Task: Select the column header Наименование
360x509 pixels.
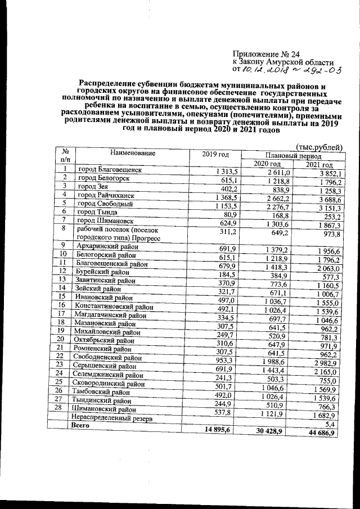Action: point(125,152)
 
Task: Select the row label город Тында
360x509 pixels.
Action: point(98,213)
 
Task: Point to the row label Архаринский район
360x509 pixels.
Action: point(109,246)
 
